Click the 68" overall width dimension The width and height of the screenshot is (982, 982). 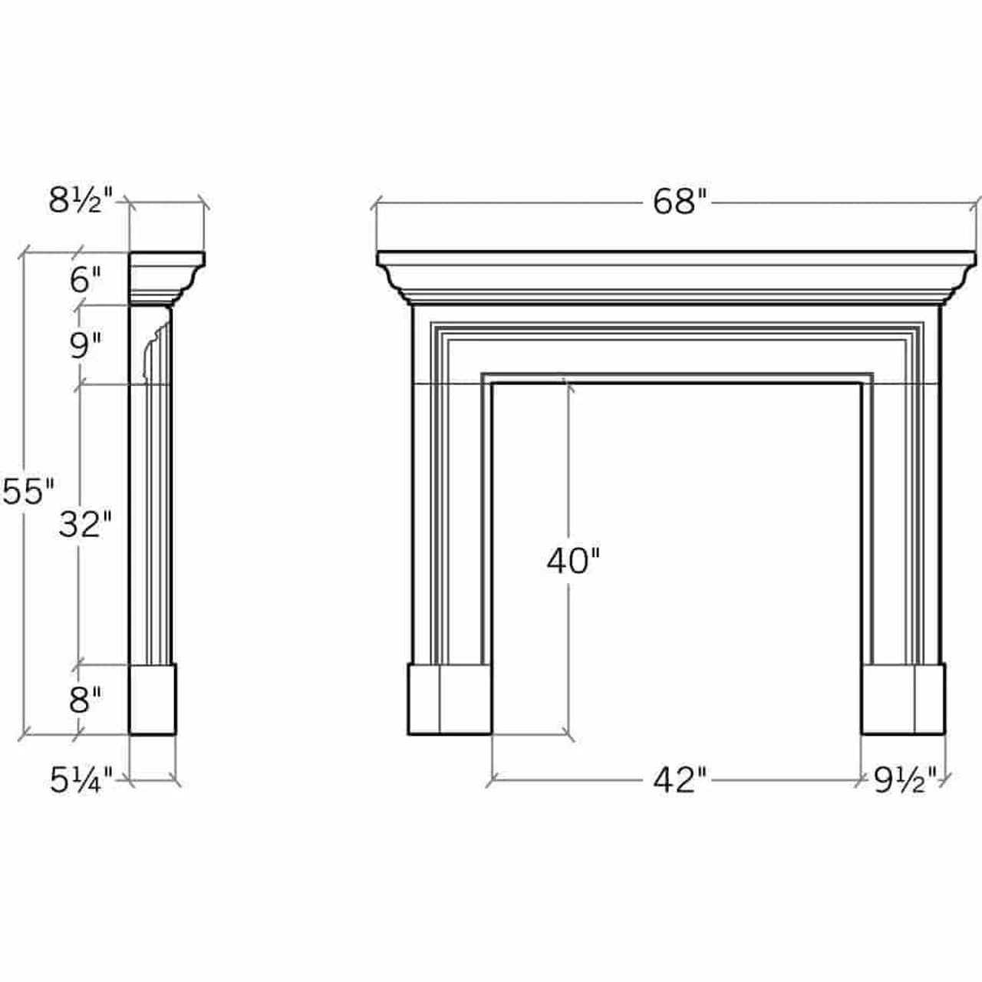tap(679, 202)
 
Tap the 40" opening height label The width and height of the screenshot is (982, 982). tap(572, 561)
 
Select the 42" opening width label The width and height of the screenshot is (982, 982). tap(679, 780)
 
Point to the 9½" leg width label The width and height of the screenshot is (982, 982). tap(905, 781)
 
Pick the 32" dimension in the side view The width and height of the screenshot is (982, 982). tap(85, 525)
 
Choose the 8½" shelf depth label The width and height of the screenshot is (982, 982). tap(81, 201)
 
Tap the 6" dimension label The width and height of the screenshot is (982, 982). tap(85, 280)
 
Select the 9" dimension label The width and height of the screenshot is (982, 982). tap(85, 346)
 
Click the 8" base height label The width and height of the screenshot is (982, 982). tap(85, 700)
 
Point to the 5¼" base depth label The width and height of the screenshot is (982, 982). tap(81, 781)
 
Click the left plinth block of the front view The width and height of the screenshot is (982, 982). tap(449, 700)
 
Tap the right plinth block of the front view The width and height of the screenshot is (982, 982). tap(903, 700)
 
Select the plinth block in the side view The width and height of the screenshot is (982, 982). tap(153, 700)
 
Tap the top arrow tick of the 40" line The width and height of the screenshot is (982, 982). tap(567, 381)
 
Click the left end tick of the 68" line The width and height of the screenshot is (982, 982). tap(376, 205)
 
